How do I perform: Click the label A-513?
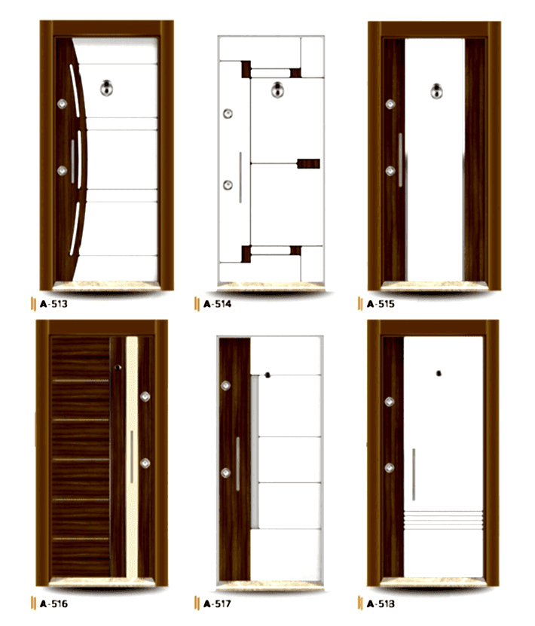(x=53, y=304)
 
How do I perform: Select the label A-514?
(x=217, y=304)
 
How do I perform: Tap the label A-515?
(x=381, y=304)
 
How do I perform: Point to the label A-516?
(x=53, y=603)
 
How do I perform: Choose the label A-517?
(x=217, y=603)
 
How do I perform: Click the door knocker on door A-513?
(x=106, y=88)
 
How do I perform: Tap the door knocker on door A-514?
(x=277, y=90)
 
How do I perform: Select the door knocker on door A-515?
(x=436, y=91)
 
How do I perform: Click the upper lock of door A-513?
(x=62, y=104)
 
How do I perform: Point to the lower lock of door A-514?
(x=228, y=185)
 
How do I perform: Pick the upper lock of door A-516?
(x=145, y=397)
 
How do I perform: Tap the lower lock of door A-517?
(x=225, y=473)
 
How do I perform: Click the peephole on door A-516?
(x=118, y=367)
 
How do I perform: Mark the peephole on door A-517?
(x=267, y=375)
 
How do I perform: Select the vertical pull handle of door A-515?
(x=400, y=160)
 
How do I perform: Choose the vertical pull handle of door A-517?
(x=237, y=464)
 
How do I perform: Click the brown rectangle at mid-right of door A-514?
(x=308, y=164)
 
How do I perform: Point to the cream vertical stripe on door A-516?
(x=132, y=457)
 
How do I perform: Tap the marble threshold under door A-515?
(x=434, y=285)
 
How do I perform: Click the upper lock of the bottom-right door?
(x=390, y=402)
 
